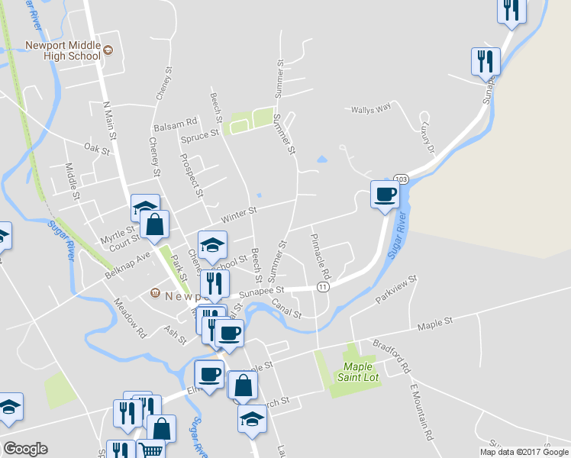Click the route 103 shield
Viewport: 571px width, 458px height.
point(402,178)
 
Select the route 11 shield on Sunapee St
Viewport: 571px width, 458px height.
point(324,286)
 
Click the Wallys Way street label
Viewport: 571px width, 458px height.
point(370,108)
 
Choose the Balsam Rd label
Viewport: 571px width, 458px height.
point(176,121)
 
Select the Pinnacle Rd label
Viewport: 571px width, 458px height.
point(321,256)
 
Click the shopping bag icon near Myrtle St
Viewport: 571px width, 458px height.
point(155,225)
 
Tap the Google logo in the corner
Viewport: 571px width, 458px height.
point(25,449)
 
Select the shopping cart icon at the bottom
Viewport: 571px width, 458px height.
point(150,450)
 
